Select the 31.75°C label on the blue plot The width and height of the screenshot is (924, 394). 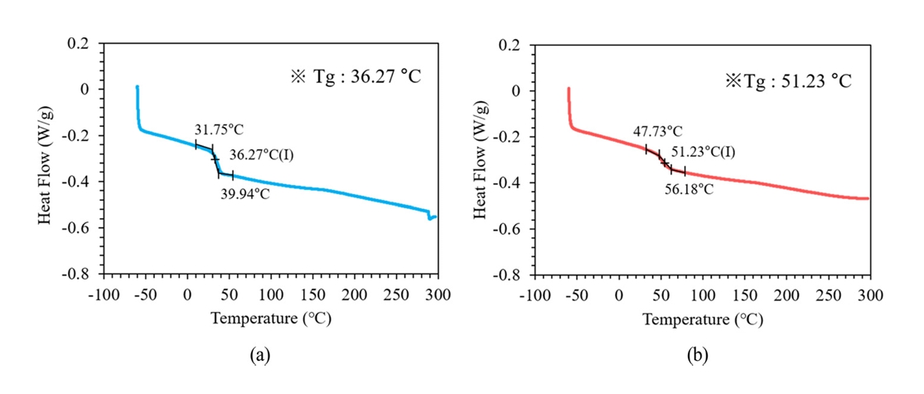(220, 129)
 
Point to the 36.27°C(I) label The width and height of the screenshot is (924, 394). (264, 154)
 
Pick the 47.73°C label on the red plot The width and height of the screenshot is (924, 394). (658, 131)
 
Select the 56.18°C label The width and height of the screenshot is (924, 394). (689, 189)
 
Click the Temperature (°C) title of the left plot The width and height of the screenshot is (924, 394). (270, 318)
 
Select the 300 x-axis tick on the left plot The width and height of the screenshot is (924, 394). (438, 294)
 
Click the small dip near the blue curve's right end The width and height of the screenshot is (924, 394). (430, 217)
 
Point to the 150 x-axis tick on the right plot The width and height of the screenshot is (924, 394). (744, 294)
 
